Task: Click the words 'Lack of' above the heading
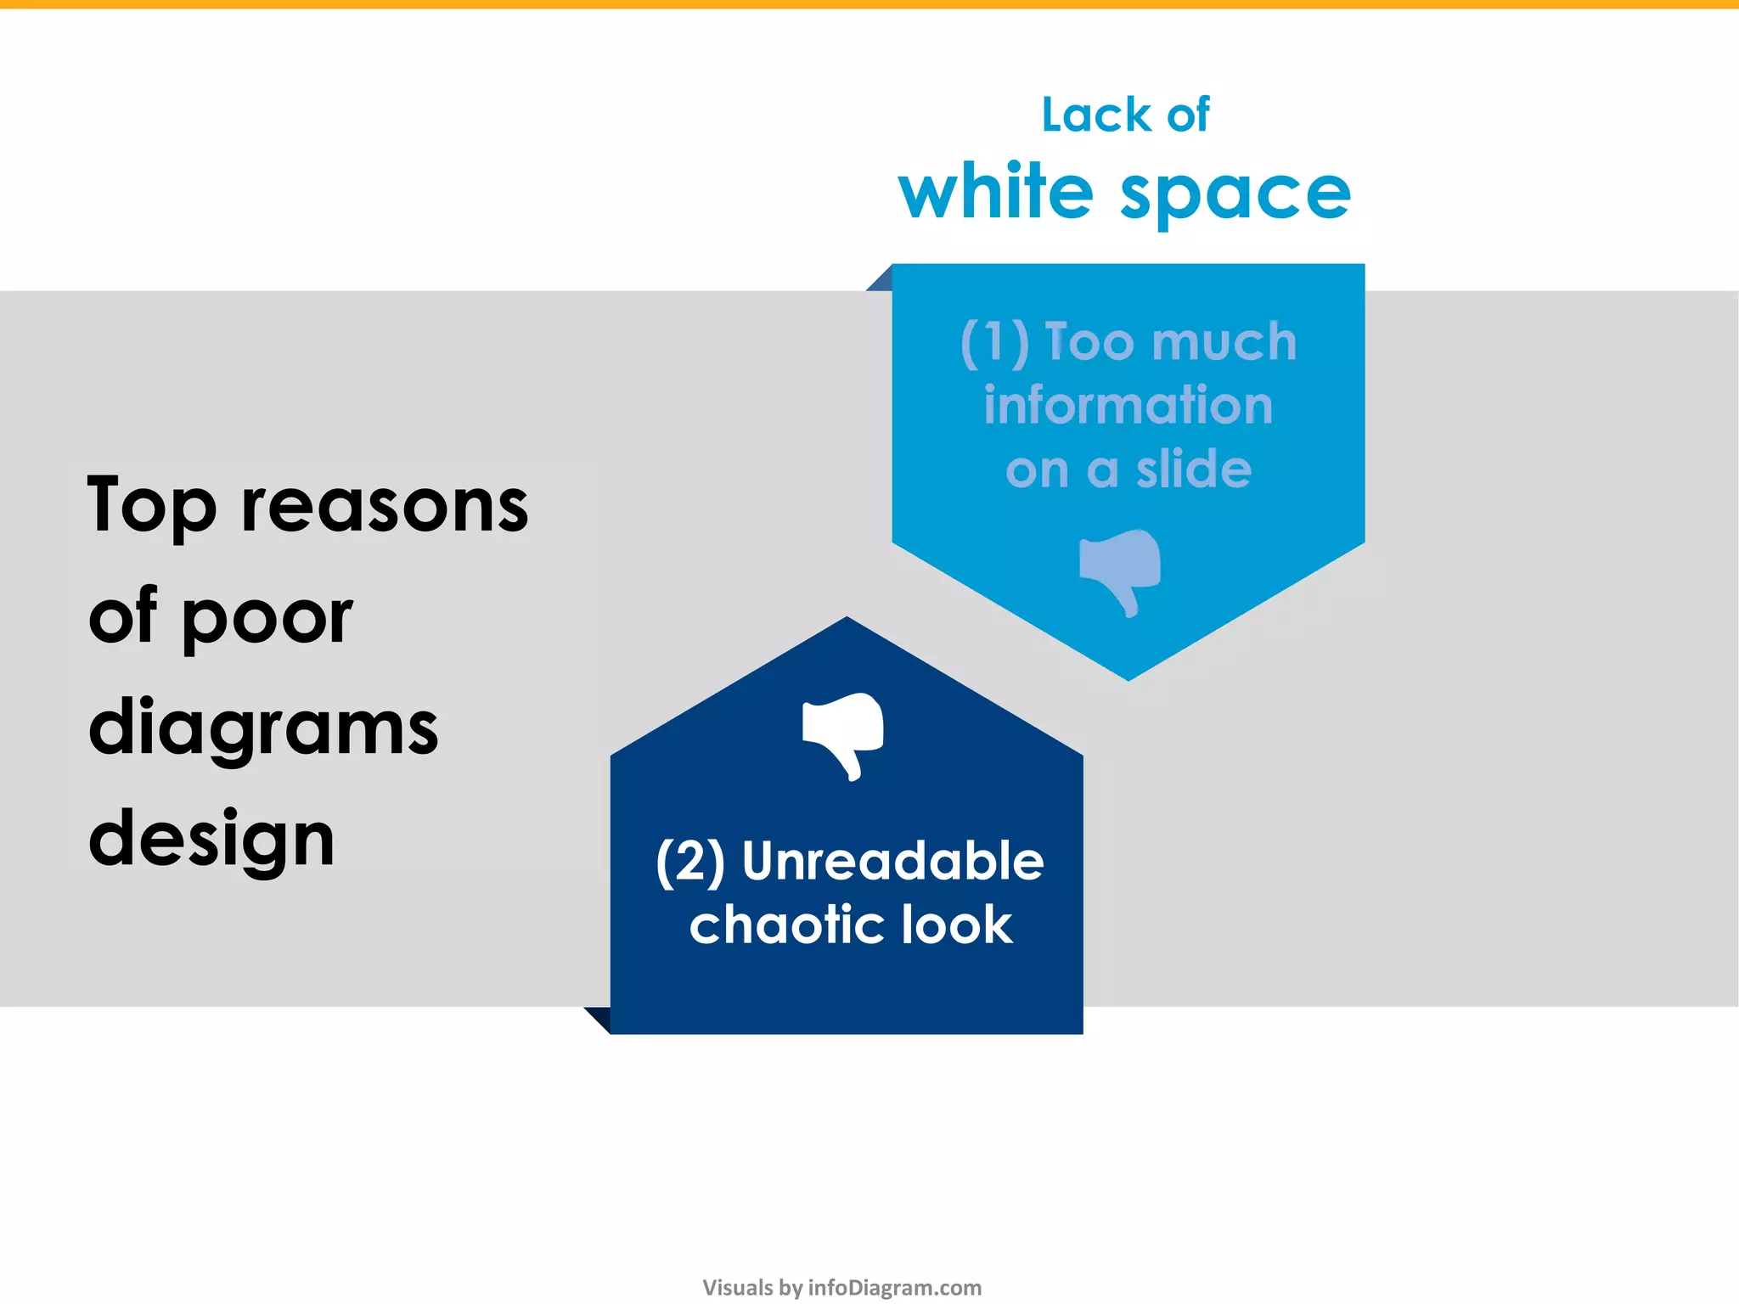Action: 1125,115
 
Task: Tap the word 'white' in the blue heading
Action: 995,192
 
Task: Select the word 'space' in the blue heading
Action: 1235,195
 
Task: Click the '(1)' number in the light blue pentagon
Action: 994,343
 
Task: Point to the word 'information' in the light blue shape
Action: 1128,405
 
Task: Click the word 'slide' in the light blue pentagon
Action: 1194,469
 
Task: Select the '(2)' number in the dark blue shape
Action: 690,862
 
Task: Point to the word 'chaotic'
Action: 784,925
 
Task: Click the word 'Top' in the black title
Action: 151,508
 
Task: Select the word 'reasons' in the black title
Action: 385,508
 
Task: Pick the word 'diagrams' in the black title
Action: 263,728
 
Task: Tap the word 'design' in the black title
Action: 211,840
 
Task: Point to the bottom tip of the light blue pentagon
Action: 1128,677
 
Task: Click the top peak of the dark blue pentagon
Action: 847,621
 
